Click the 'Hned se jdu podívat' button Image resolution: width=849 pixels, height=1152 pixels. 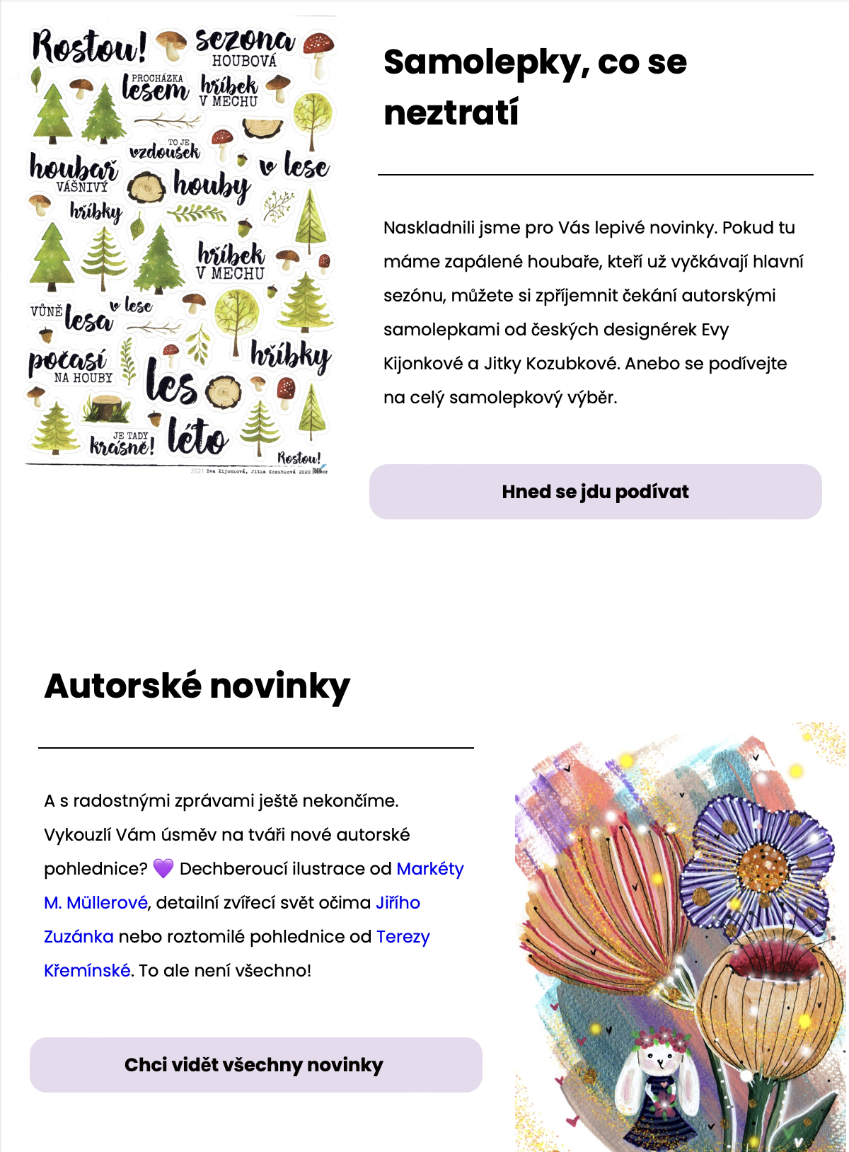click(595, 492)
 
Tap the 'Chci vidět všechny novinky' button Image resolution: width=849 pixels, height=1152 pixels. click(255, 1065)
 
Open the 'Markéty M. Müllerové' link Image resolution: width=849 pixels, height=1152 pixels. click(429, 869)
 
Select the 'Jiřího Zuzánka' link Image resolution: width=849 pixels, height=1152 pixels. click(398, 903)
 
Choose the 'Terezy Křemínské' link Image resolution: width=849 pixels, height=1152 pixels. click(403, 937)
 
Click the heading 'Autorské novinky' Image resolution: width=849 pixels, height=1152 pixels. click(197, 686)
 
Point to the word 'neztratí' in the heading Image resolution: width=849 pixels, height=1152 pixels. click(451, 113)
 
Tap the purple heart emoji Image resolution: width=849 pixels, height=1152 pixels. click(163, 868)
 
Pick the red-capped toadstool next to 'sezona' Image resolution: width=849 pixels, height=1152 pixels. click(318, 51)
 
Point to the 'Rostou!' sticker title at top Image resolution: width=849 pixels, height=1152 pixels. click(88, 47)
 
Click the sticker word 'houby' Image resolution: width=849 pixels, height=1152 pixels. click(212, 186)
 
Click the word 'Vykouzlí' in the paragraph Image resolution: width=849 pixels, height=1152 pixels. click(77, 835)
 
